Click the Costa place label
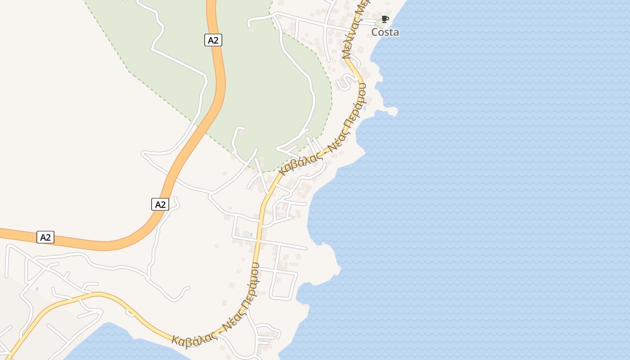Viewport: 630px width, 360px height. [385, 32]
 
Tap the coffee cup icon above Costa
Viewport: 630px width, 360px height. [385, 19]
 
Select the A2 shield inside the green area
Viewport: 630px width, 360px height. [213, 40]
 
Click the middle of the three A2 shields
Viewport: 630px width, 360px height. [160, 204]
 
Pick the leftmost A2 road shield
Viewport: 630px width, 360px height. [45, 237]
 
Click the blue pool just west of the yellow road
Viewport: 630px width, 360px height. [250, 234]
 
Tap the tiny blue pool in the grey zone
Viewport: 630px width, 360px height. [36, 289]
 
